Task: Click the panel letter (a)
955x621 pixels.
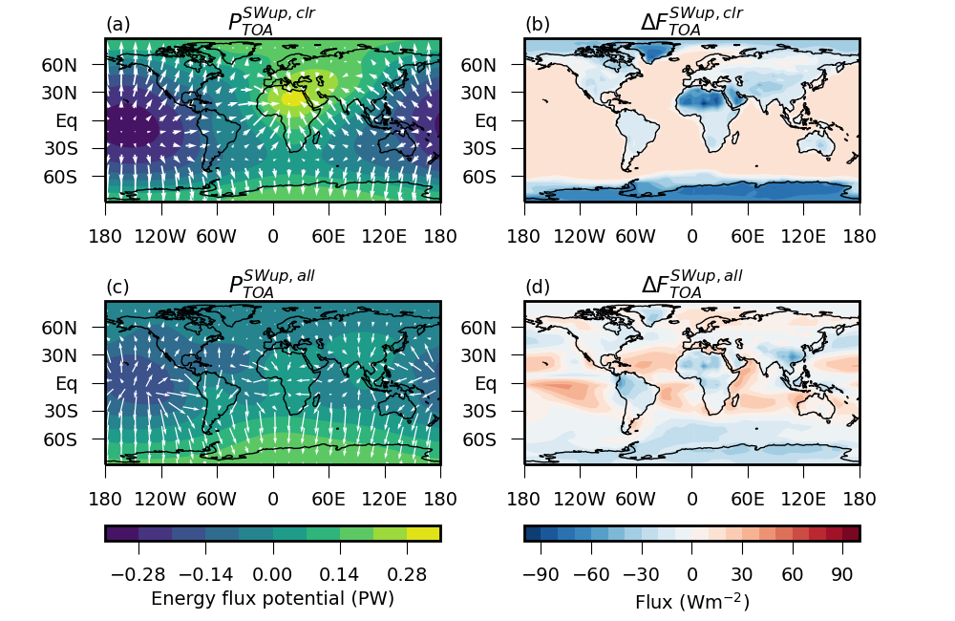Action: pos(118,24)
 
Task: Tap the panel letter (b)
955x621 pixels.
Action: pos(538,24)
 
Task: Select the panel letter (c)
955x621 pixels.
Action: pos(117,287)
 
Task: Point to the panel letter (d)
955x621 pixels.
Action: pos(538,287)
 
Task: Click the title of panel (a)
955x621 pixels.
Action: pos(272,20)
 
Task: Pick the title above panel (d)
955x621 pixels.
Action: pos(691,283)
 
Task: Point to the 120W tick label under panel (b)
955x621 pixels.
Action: pos(580,235)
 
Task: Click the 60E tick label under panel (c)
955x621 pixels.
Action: pos(329,498)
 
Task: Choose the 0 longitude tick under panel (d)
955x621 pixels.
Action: pos(692,498)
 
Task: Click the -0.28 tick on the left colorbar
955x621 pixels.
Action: pos(138,574)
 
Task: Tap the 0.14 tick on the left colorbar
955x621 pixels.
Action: pos(339,574)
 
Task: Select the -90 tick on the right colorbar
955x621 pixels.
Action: pos(541,574)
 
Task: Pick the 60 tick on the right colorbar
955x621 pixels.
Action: pos(792,574)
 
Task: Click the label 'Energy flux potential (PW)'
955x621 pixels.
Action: pos(272,599)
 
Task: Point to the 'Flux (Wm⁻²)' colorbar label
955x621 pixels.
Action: pos(692,601)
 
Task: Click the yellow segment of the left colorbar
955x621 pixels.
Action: pos(423,533)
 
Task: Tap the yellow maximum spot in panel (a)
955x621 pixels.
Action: pos(291,96)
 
